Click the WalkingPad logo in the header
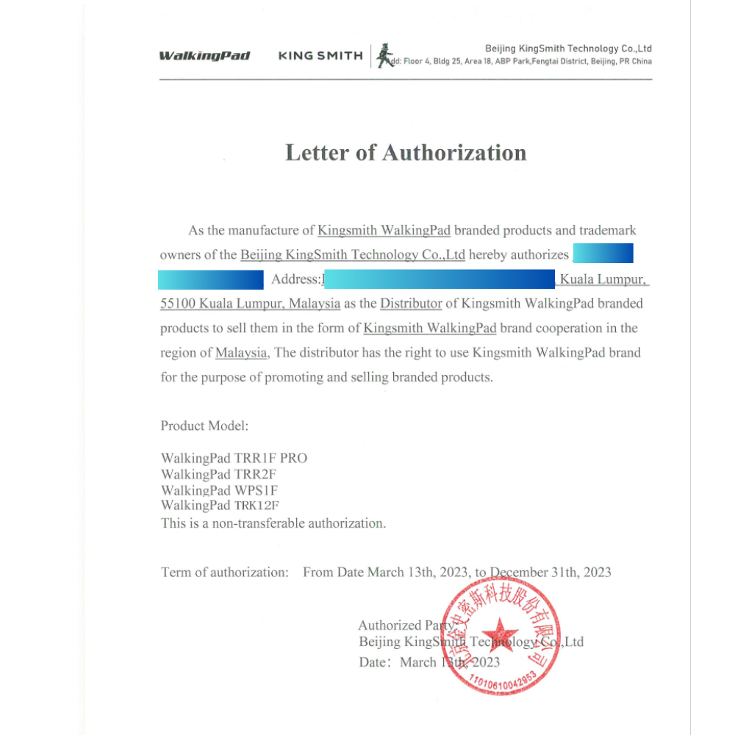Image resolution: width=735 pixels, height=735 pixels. [204, 56]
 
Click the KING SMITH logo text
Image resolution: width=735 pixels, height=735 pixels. [320, 56]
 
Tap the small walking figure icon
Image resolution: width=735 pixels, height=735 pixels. [383, 57]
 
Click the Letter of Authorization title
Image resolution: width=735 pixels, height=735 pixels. [406, 153]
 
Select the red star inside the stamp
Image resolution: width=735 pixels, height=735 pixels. [500, 634]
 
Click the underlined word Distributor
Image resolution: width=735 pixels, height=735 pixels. [411, 304]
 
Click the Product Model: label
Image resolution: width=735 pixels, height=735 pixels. [205, 426]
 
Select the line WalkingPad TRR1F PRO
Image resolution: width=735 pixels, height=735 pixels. [234, 458]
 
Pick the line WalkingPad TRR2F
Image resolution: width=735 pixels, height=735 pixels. [219, 474]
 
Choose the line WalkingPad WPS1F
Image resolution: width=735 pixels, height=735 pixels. [219, 490]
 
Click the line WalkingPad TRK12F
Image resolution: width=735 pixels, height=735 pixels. [220, 506]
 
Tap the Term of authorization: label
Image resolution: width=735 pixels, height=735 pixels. [225, 572]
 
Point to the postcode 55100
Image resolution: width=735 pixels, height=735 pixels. [178, 304]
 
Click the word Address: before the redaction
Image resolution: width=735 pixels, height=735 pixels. [296, 279]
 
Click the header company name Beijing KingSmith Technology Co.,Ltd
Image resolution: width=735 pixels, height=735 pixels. [568, 49]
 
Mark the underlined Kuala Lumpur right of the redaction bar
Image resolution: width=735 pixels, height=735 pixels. [603, 279]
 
